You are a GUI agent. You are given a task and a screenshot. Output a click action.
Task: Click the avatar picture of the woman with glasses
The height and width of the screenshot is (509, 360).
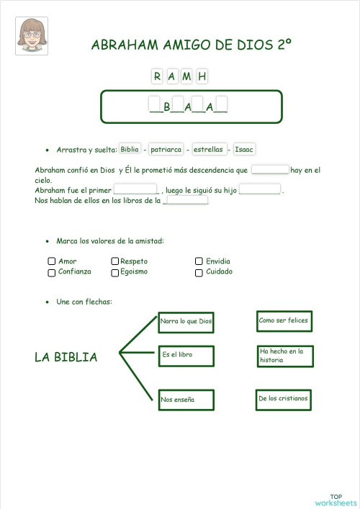pos(32,35)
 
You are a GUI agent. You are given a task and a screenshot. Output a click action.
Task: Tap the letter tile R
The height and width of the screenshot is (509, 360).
pos(157,76)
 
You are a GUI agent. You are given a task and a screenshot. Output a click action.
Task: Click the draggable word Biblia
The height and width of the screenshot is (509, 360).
pos(130,149)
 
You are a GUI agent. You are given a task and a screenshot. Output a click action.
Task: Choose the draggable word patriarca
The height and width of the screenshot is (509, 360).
pos(166,150)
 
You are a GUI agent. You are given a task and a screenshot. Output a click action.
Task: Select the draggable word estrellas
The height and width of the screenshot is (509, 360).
pos(208,150)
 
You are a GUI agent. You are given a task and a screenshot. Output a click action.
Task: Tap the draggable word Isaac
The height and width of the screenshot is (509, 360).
pos(245,150)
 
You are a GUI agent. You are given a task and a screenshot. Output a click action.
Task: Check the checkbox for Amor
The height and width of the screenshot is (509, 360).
pos(52,261)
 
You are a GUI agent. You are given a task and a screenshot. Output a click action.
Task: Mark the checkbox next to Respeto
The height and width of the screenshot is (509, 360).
pos(115,261)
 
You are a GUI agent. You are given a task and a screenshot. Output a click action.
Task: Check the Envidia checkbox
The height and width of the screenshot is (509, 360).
pos(199,261)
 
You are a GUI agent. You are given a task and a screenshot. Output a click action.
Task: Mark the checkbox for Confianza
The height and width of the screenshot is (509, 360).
pos(52,273)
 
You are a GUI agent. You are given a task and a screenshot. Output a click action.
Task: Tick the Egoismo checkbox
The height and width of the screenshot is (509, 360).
pos(115,273)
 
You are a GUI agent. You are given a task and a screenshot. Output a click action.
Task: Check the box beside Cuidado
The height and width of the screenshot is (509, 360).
pos(199,273)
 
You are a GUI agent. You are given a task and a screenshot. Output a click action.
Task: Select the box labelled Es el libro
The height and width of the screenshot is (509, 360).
pos(186,356)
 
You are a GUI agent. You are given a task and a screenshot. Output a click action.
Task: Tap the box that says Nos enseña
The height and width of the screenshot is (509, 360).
pos(186,399)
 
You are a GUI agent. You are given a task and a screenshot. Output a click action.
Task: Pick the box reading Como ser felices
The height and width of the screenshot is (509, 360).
pos(284,320)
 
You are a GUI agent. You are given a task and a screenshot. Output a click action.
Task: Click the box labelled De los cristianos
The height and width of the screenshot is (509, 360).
pos(284,399)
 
